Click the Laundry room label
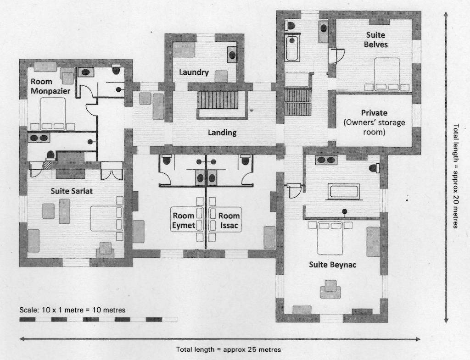[x=194, y=72]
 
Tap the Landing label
[x=222, y=133]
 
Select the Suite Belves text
[x=375, y=40]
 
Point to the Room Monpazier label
[x=50, y=86]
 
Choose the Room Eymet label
[x=183, y=220]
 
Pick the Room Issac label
[x=229, y=220]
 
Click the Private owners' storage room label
[x=374, y=122]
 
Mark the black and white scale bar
[x=98, y=319]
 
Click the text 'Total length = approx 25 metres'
[x=228, y=349]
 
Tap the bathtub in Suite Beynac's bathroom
[x=344, y=191]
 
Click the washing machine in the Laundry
[x=232, y=55]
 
